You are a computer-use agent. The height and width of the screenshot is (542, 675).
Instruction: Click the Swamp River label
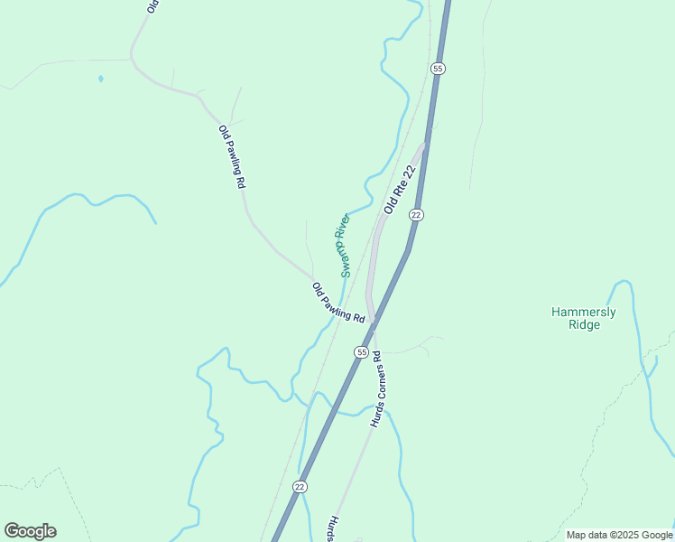342,245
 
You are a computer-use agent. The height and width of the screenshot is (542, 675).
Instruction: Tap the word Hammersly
584,313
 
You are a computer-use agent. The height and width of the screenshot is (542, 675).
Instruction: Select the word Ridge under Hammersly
584,325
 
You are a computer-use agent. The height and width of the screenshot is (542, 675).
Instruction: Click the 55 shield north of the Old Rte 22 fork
438,69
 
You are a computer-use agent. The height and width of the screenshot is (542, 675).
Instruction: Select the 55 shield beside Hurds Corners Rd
361,351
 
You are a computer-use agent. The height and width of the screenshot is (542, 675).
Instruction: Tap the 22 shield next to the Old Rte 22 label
415,214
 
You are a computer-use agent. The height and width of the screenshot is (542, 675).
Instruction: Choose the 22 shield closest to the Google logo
300,486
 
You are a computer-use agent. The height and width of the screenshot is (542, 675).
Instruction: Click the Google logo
30,531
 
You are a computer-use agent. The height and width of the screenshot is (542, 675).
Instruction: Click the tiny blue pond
100,79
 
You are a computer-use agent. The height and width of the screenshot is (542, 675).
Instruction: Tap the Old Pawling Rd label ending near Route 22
337,304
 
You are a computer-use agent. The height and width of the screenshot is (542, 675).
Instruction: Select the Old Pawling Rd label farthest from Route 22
232,155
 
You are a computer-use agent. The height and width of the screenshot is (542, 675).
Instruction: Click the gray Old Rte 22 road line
371,262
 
